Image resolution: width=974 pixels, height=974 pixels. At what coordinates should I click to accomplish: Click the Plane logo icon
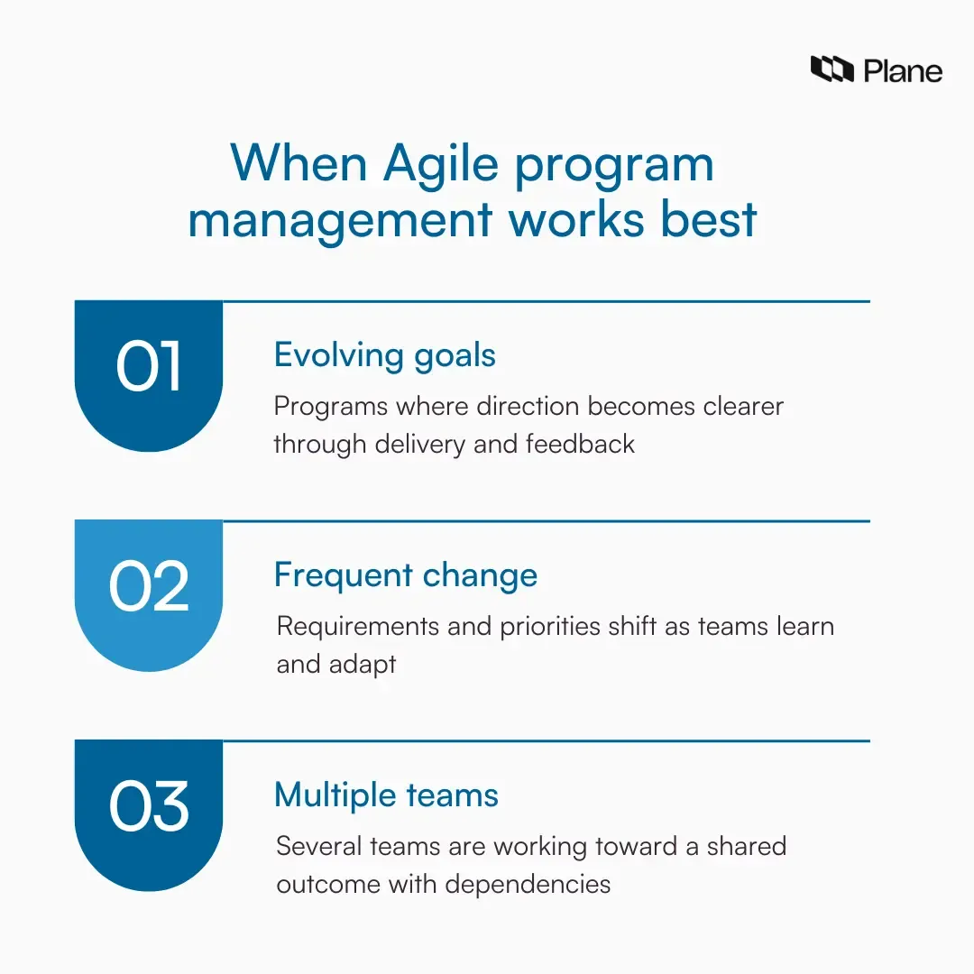click(832, 69)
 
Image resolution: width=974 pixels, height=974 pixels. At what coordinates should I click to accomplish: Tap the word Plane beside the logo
click(903, 70)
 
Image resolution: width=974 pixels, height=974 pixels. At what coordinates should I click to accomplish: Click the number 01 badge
click(149, 368)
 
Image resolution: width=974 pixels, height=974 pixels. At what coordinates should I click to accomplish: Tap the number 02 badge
click(149, 587)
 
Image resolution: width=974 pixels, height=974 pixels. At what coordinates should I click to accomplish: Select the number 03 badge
click(149, 806)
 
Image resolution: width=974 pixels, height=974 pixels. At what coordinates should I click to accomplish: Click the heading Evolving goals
click(385, 355)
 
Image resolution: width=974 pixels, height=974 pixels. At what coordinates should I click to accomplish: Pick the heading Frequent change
click(406, 575)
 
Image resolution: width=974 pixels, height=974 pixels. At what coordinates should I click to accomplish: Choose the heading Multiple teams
click(386, 795)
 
